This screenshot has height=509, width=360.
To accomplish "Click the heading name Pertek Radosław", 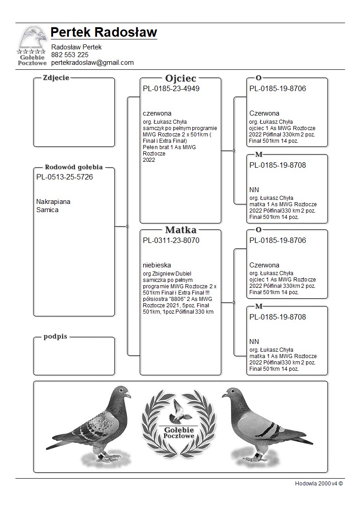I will pyautogui.click(x=104, y=33).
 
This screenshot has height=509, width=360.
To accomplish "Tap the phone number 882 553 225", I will pyautogui.click(x=70, y=55).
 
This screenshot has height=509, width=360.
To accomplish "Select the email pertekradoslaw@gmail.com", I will pyautogui.click(x=92, y=63).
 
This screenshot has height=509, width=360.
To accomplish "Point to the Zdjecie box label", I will pyautogui.click(x=56, y=78).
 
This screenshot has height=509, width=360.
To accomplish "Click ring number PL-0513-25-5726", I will pyautogui.click(x=64, y=177).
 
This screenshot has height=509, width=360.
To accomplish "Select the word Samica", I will pyautogui.click(x=47, y=210).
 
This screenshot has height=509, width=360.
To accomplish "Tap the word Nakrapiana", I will pyautogui.click(x=53, y=202).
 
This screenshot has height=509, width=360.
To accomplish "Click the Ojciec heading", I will pyautogui.click(x=180, y=78).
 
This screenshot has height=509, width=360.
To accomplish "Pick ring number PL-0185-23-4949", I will pyautogui.click(x=171, y=88).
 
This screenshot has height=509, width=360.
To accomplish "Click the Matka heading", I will pyautogui.click(x=180, y=230).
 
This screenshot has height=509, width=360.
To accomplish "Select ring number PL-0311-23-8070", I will pyautogui.click(x=171, y=240).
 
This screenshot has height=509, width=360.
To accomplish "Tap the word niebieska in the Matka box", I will pyautogui.click(x=157, y=265).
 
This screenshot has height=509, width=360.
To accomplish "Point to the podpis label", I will pyautogui.click(x=55, y=337).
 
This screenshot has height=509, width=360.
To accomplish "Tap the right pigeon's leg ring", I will pyautogui.click(x=257, y=454).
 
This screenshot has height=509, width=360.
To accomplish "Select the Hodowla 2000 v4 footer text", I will pyautogui.click(x=319, y=483).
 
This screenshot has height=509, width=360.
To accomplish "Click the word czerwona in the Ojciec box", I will pyautogui.click(x=157, y=113).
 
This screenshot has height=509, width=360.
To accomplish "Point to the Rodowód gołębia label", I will pyautogui.click(x=73, y=167).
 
